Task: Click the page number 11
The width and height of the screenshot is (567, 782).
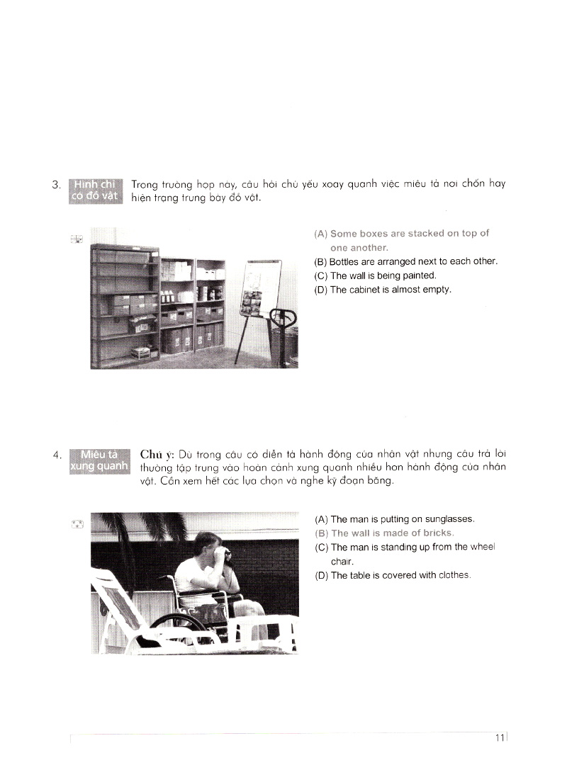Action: tap(500, 738)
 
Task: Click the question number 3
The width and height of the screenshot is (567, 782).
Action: tap(57, 186)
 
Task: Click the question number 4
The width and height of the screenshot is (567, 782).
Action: tap(57, 455)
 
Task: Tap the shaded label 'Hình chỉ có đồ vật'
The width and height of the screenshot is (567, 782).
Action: tap(95, 190)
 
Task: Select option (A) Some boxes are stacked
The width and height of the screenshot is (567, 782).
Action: tap(401, 240)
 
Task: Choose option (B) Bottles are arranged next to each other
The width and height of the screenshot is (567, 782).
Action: tap(405, 261)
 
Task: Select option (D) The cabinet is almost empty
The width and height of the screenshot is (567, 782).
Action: tap(382, 290)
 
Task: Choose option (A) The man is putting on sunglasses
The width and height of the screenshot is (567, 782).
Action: tap(394, 519)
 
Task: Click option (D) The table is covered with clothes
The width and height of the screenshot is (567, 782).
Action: tap(392, 575)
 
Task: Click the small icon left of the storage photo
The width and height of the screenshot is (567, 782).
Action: tap(77, 239)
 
